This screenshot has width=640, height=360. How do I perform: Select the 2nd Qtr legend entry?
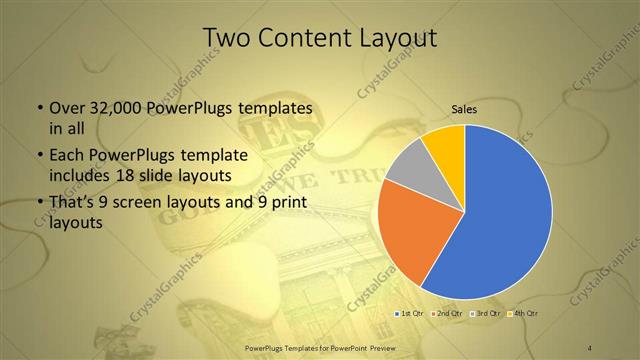tap(447, 313)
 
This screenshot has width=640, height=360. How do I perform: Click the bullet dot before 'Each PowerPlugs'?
tap(39, 156)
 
